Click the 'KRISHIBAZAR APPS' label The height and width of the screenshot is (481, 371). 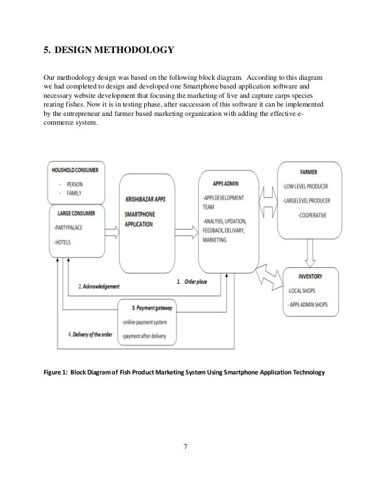coord(145,199)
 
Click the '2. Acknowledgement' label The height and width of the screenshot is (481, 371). coord(99,287)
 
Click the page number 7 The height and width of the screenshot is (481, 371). coord(185,448)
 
